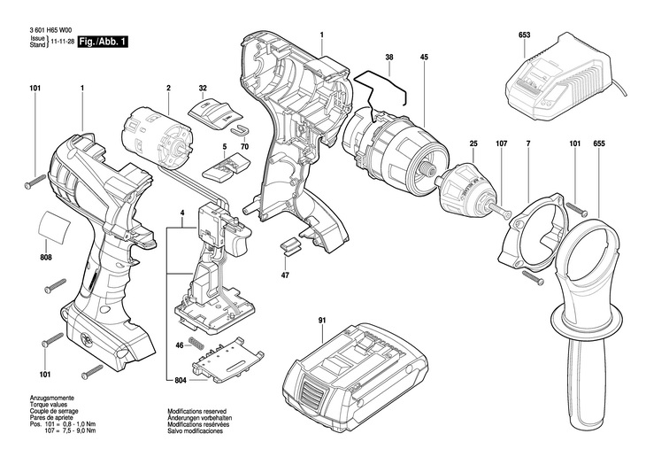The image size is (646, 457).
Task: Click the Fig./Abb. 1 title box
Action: pyautogui.click(x=103, y=42)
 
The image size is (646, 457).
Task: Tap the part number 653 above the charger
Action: pyautogui.click(x=524, y=35)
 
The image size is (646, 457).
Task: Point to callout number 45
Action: pyautogui.click(x=424, y=57)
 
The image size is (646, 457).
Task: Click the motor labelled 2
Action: pyautogui.click(x=158, y=140)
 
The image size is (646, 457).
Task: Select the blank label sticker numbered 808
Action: pyautogui.click(x=54, y=228)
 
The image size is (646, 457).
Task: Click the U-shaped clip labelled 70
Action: pyautogui.click(x=240, y=129)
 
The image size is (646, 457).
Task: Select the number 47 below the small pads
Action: pyautogui.click(x=285, y=275)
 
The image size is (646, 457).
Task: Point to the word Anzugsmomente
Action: pyautogui.click(x=52, y=399)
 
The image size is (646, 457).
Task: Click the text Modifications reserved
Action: pyautogui.click(x=197, y=411)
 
